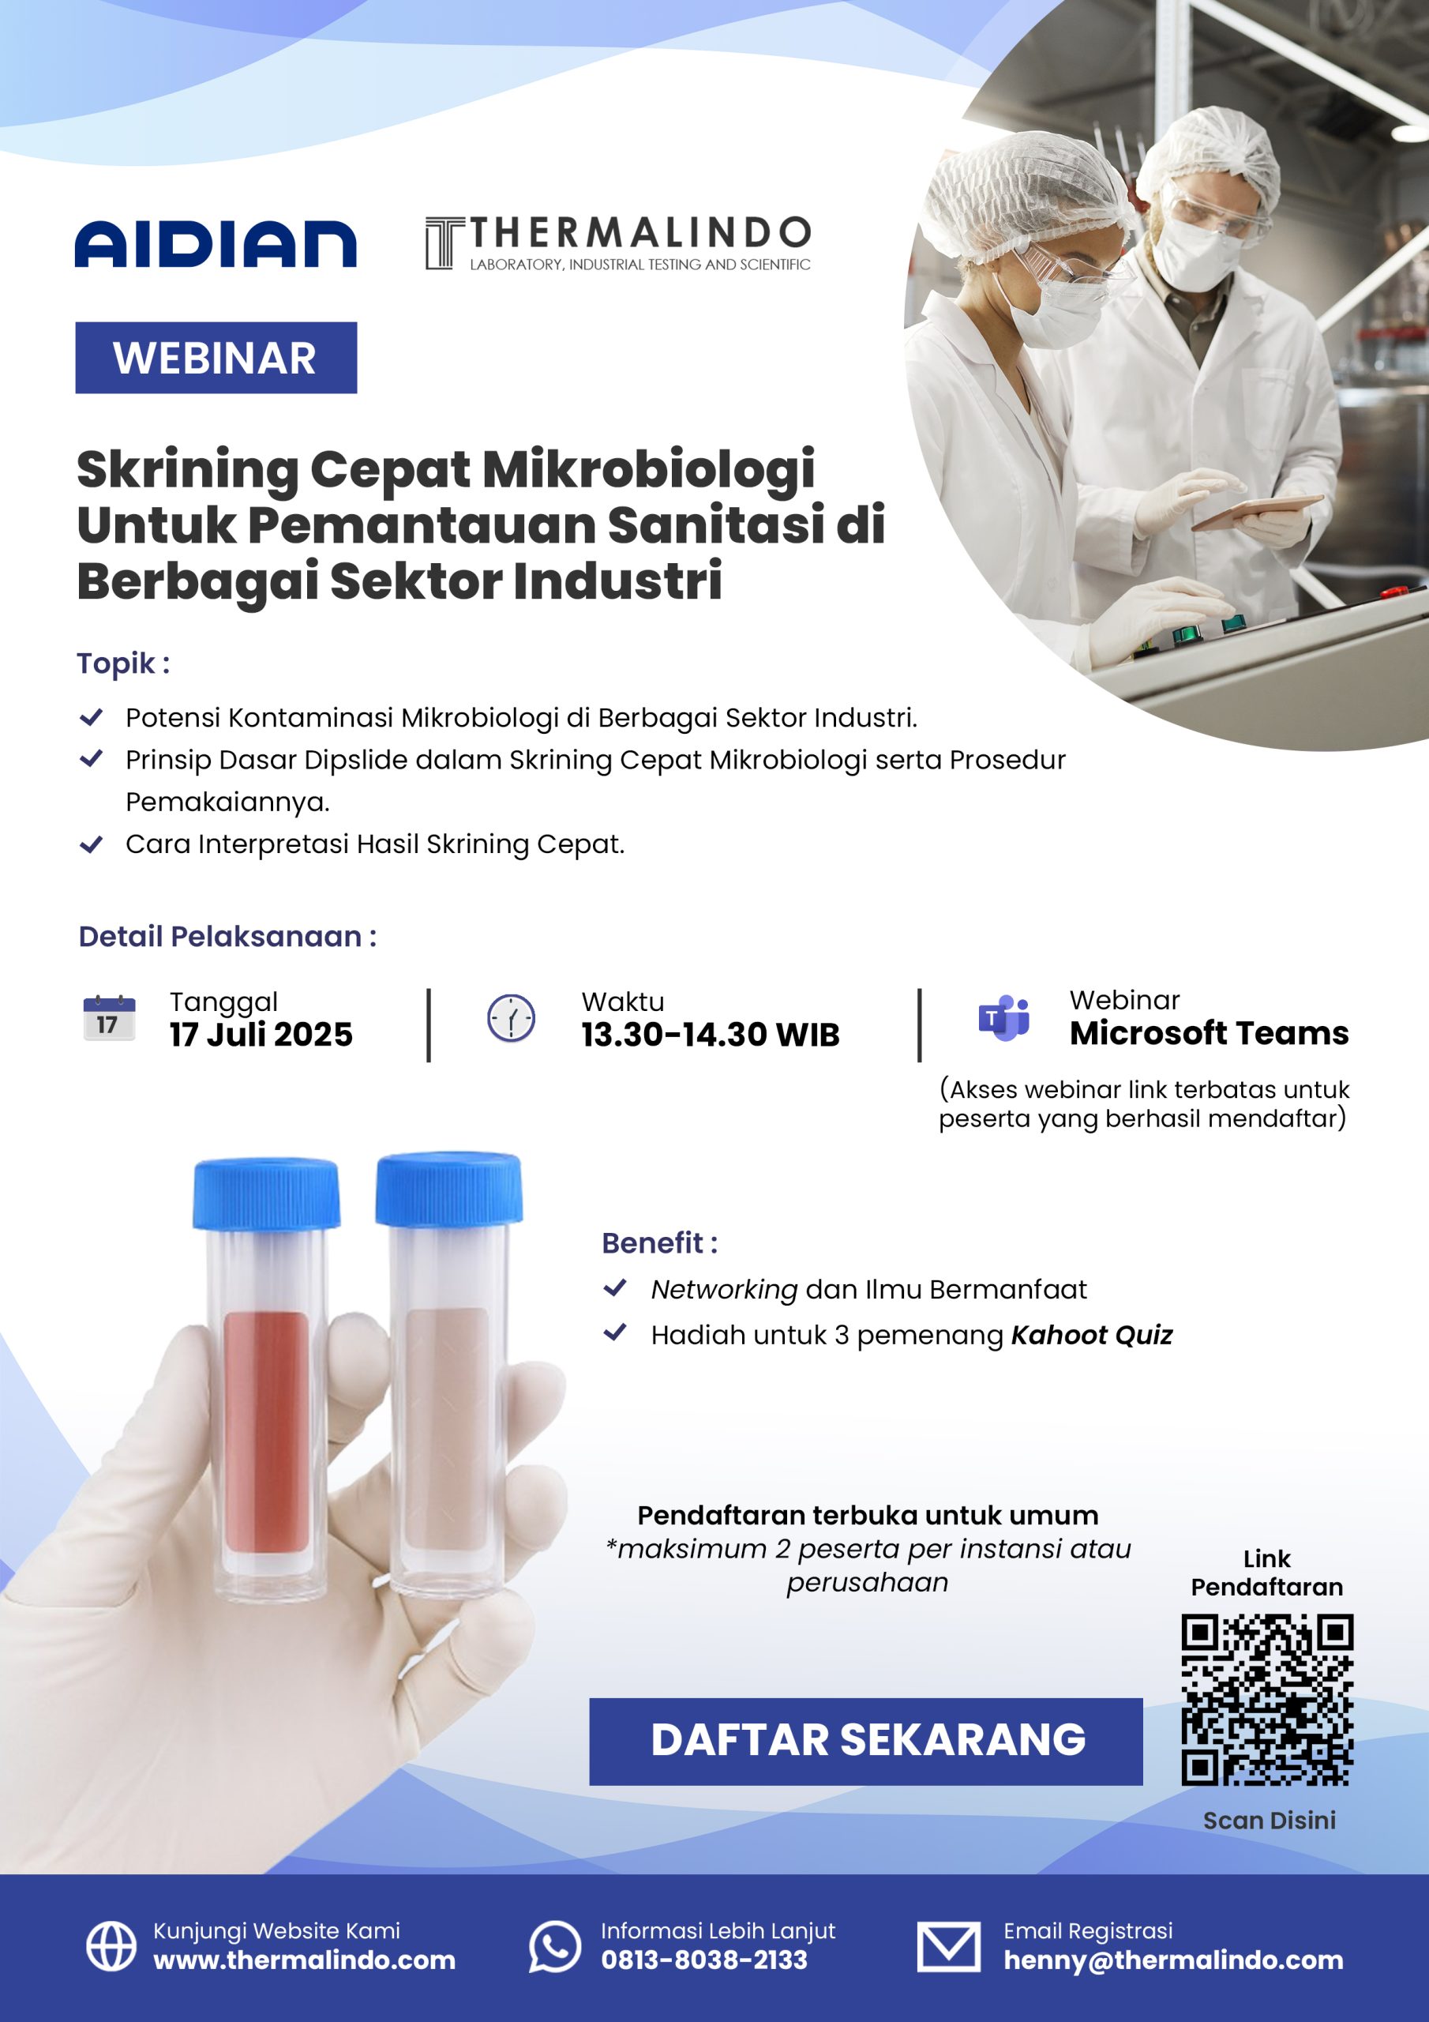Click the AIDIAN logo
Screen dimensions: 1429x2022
point(216,243)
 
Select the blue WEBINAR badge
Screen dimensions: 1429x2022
point(216,358)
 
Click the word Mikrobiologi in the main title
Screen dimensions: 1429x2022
point(648,468)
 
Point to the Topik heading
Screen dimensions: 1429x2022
point(123,663)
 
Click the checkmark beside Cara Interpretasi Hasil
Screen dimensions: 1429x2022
point(92,844)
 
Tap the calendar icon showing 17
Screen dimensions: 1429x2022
point(109,1017)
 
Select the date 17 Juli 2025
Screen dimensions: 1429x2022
point(261,1034)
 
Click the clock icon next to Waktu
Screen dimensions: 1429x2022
point(511,1018)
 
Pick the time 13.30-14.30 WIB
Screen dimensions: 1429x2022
point(711,1035)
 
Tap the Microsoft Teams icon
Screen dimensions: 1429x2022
point(1003,1018)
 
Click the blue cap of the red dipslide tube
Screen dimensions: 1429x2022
point(266,1194)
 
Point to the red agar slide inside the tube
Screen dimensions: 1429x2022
point(266,1432)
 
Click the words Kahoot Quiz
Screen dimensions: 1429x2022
point(1092,1335)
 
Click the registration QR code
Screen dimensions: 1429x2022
point(1267,1700)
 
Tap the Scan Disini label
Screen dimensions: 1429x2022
point(1269,1821)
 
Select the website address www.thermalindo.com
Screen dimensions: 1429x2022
point(305,1960)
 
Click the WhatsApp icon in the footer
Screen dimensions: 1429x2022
point(555,1946)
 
